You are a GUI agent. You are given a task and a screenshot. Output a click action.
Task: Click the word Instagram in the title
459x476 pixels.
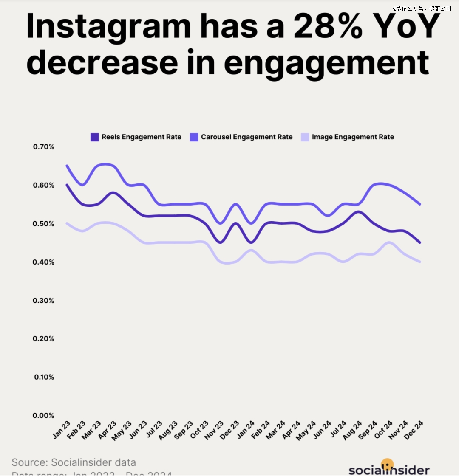108,26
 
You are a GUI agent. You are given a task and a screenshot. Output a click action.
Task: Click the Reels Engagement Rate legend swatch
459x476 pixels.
95,137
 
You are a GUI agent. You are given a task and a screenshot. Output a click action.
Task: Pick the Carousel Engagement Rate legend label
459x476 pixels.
246,137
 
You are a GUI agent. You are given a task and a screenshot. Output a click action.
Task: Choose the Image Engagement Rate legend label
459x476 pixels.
353,137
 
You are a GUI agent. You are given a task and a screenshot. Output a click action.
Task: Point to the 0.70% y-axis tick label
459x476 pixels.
44,147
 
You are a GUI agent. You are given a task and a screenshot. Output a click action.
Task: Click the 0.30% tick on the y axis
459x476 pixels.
44,301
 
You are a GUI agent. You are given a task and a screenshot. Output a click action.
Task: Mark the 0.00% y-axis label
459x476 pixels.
44,416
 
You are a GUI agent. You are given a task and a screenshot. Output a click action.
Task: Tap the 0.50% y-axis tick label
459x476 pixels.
44,224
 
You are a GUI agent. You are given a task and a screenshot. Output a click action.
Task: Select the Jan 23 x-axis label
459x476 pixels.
62,430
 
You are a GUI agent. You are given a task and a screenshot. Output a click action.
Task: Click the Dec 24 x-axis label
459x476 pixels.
414,430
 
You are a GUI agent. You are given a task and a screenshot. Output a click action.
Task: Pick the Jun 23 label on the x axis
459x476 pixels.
139,430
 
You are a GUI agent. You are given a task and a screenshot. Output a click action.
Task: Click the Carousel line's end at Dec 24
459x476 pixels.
420,204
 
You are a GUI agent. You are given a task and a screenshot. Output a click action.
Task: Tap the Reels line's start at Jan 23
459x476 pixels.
67,185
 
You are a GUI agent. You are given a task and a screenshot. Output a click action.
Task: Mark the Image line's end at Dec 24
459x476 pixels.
420,262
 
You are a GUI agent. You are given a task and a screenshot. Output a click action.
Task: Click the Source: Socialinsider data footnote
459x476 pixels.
74,462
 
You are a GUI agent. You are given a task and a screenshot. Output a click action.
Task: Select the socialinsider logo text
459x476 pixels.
389,470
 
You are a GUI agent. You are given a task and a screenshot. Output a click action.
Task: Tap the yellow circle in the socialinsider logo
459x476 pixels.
387,464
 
